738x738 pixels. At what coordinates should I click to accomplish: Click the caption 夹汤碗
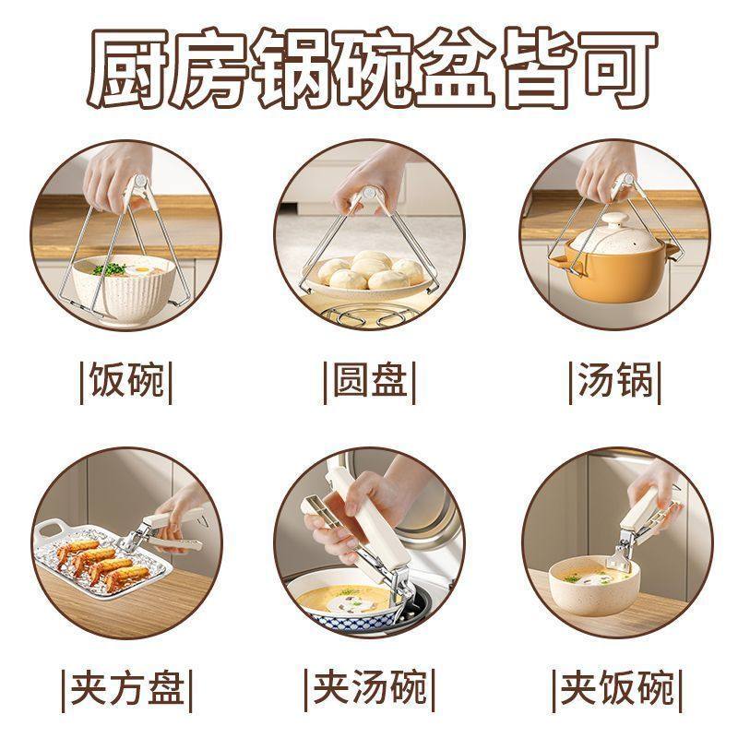(369, 688)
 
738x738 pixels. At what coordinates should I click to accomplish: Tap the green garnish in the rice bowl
(113, 269)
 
